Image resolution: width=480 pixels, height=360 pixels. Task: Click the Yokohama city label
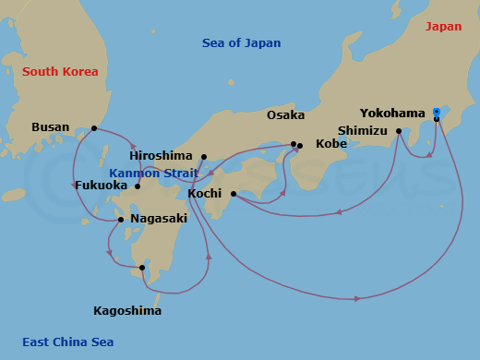(393, 114)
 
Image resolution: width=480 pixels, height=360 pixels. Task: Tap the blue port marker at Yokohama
(436, 113)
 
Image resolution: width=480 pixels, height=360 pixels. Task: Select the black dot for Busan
(94, 128)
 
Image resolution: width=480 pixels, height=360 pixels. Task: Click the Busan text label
(50, 127)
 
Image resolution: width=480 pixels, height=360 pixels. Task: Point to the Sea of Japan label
(241, 43)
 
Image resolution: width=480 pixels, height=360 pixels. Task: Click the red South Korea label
(60, 71)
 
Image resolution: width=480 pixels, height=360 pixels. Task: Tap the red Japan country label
(443, 27)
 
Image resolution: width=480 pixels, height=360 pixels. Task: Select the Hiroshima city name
(161, 157)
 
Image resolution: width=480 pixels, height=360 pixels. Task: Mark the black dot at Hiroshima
(203, 157)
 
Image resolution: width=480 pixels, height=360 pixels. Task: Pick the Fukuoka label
(102, 186)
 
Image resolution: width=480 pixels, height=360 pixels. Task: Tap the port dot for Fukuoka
(138, 186)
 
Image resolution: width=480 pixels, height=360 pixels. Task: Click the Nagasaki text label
(159, 219)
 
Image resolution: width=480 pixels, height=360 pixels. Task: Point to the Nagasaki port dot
(121, 221)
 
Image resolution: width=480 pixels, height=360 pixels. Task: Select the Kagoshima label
(127, 310)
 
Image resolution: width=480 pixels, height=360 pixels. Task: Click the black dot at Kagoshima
(142, 269)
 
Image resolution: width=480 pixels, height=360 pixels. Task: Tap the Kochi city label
(203, 194)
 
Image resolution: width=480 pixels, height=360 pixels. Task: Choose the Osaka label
(285, 115)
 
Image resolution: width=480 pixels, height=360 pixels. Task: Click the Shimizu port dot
(399, 131)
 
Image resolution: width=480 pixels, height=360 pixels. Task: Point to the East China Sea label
(68, 342)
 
